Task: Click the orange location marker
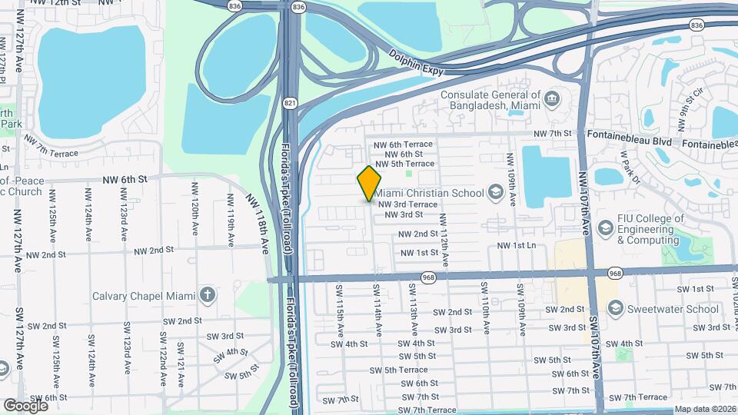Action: coord(370,183)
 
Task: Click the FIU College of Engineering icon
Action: coord(606,228)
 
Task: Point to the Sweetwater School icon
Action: coord(615,308)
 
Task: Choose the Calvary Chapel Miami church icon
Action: coord(206,295)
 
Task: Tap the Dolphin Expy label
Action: coord(417,62)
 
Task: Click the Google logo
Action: coord(25,405)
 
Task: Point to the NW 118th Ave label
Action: coord(258,224)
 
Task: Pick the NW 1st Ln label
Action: coord(515,245)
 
